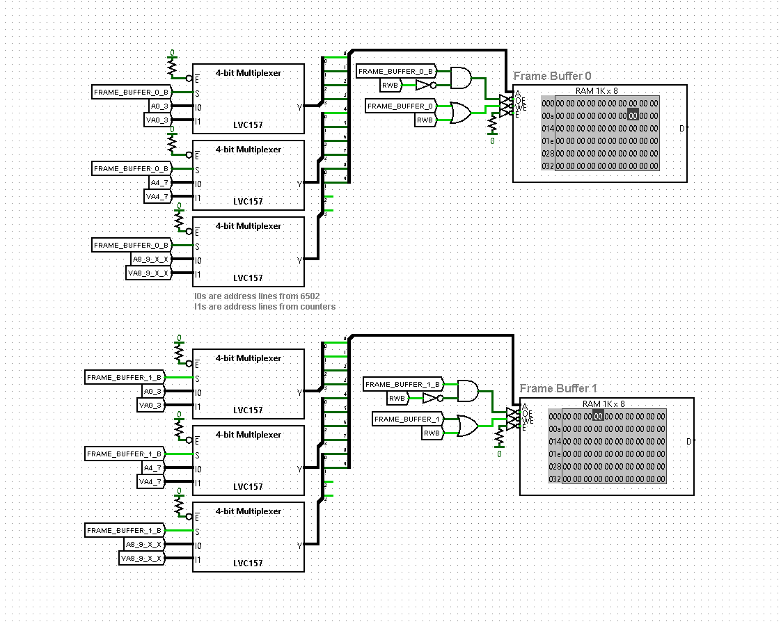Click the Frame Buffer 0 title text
pos(553,76)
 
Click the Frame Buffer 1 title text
pos(558,388)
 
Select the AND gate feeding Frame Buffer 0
pos(460,78)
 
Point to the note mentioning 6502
pos(257,296)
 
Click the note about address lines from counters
pos(264,306)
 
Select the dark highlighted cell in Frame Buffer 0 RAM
pos(632,115)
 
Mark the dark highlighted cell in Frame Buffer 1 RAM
pos(598,417)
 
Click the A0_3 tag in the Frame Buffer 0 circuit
pos(160,106)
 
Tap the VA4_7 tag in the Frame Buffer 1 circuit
pos(151,482)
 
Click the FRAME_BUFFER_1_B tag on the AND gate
pos(403,384)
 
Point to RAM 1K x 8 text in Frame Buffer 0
pos(596,91)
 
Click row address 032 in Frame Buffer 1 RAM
pos(555,479)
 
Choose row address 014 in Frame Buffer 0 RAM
pos(548,129)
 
